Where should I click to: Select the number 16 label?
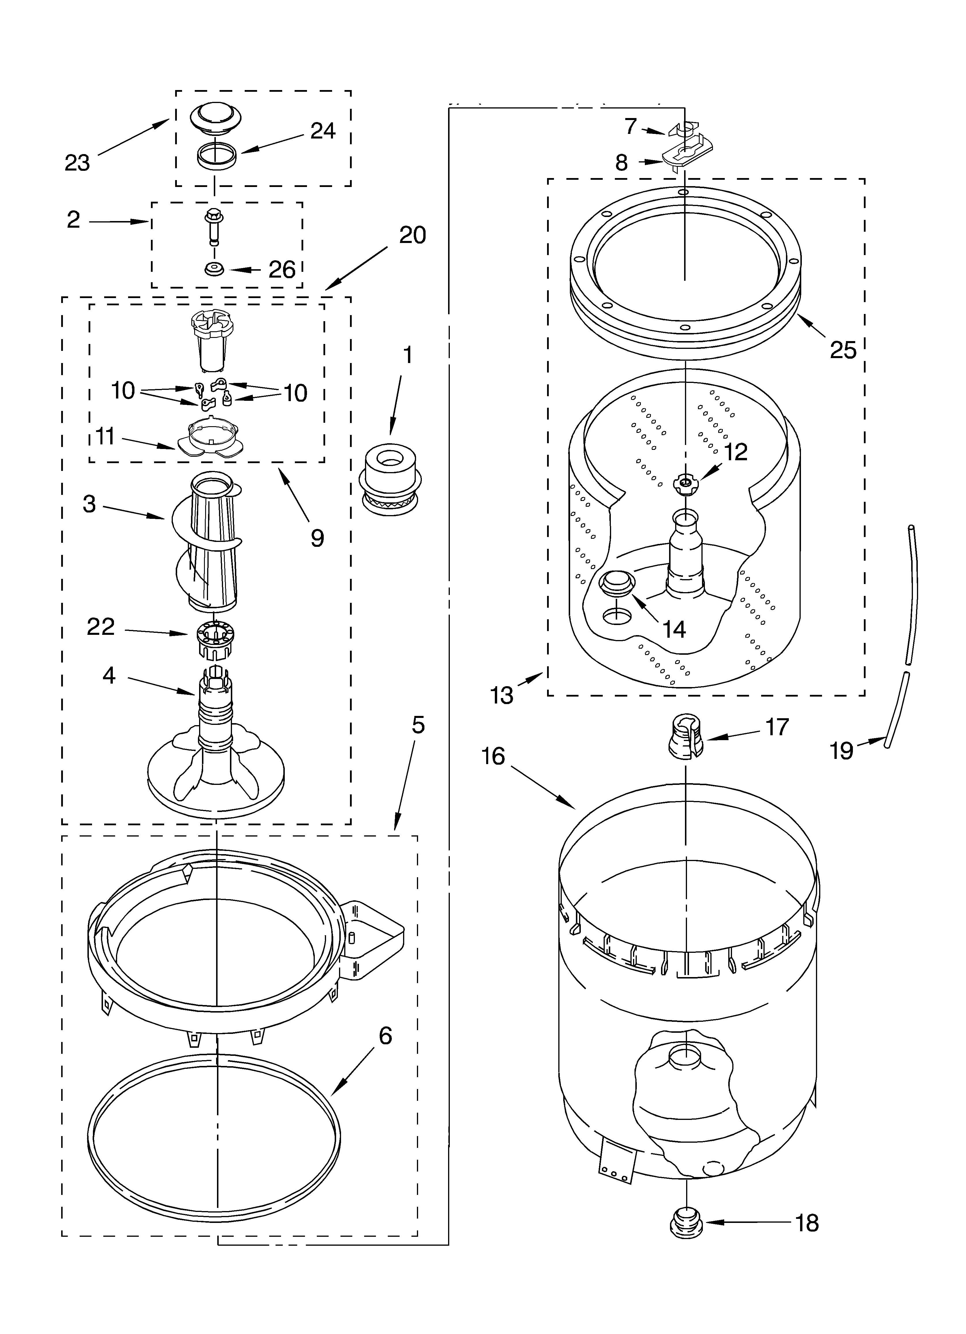493,756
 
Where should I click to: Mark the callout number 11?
105,437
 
